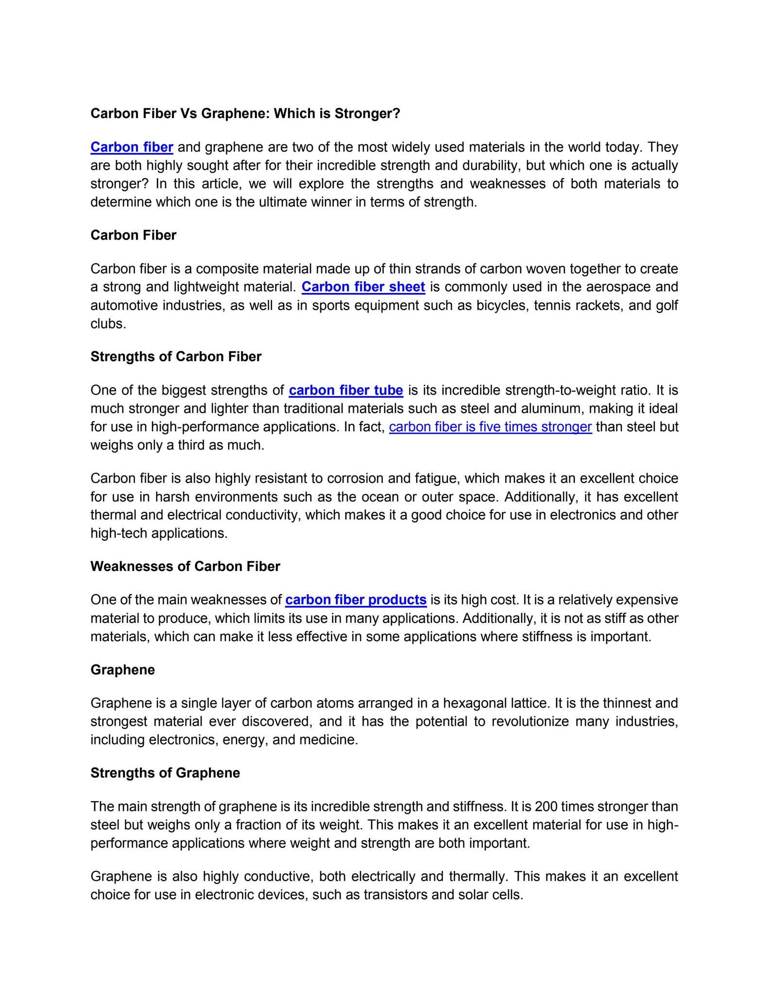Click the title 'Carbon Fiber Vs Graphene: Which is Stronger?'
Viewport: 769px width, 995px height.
[245, 114]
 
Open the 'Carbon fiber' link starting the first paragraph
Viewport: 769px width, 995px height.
[132, 147]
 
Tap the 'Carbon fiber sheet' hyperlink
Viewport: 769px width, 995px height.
[363, 287]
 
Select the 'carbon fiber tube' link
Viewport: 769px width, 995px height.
[346, 391]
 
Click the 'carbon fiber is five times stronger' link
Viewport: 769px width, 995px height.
[490, 427]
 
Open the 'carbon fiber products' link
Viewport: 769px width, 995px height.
[356, 600]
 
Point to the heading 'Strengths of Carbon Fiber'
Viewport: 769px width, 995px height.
[176, 357]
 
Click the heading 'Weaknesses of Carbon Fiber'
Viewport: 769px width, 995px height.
[185, 566]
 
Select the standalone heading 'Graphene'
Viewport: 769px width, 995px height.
[122, 670]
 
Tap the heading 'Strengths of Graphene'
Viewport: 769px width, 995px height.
[165, 773]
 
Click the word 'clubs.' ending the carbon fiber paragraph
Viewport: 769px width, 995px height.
[108, 324]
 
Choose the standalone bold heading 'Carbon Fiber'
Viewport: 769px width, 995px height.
[133, 235]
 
